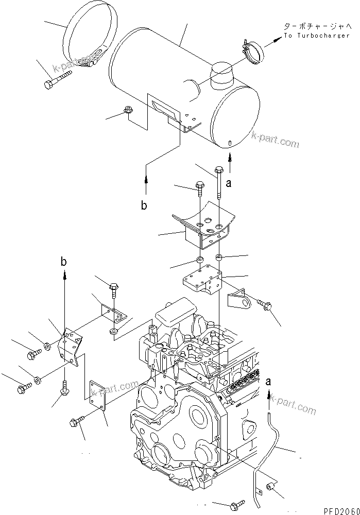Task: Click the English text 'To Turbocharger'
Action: [x=317, y=36]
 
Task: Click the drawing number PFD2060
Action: [x=341, y=510]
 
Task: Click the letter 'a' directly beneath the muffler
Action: [x=230, y=182]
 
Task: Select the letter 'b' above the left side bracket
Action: [x=64, y=262]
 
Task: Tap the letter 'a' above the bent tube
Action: [x=268, y=382]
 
